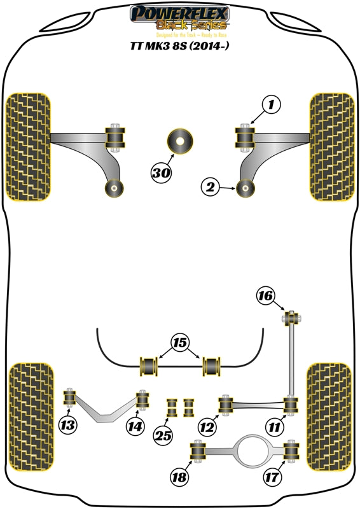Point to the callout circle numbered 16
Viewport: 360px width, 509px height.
266,295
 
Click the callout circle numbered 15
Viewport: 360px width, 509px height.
181,344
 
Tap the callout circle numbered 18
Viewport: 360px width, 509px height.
180,477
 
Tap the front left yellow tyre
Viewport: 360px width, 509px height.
28,146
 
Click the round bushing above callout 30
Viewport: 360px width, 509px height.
180,140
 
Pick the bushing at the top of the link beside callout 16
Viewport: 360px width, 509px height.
291,316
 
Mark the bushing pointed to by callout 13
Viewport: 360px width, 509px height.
70,400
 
